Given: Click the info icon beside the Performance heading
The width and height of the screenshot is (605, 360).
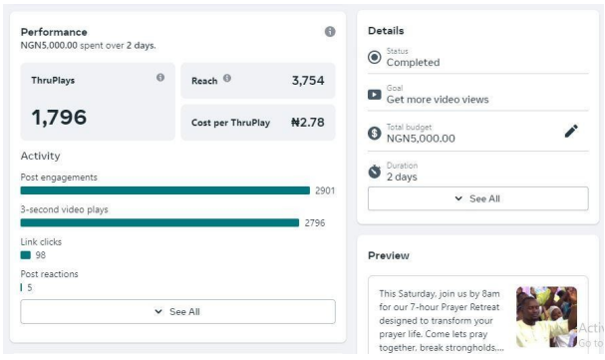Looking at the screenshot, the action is tap(330, 32).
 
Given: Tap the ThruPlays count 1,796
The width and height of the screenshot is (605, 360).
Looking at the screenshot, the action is tap(59, 118).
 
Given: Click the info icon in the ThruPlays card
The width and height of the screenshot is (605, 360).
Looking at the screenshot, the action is tap(160, 78).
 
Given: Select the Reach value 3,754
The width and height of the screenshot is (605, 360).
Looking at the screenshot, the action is tap(308, 81).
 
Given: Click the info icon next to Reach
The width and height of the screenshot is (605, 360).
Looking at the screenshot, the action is tap(227, 78).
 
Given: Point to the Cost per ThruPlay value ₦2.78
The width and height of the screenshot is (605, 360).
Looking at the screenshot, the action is tap(308, 123).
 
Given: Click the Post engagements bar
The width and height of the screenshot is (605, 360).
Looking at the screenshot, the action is tap(165, 190).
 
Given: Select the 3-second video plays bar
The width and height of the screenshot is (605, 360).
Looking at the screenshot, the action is tap(159, 223).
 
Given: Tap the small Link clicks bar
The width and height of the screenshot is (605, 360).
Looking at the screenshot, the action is tap(26, 255).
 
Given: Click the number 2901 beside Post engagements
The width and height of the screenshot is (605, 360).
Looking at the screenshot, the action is tap(325, 190).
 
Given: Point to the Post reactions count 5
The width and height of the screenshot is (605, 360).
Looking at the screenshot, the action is tap(30, 288).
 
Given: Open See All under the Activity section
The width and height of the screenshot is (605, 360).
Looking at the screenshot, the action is tap(177, 311).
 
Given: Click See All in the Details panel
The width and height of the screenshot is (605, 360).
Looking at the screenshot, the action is tap(478, 198).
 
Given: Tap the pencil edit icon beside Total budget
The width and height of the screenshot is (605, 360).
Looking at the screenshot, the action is tap(571, 132).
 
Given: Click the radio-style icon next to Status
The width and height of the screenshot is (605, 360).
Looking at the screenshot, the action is tap(375, 58).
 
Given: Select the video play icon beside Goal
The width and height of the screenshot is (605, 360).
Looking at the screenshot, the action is tap(375, 95).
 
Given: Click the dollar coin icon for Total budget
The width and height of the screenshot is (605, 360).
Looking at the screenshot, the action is tap(375, 133).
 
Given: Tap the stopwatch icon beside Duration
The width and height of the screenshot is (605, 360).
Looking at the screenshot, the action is tap(375, 172).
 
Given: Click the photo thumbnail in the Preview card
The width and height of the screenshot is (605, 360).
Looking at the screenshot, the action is tap(547, 317).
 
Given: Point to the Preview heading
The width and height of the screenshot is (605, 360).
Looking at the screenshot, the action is tap(389, 256).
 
